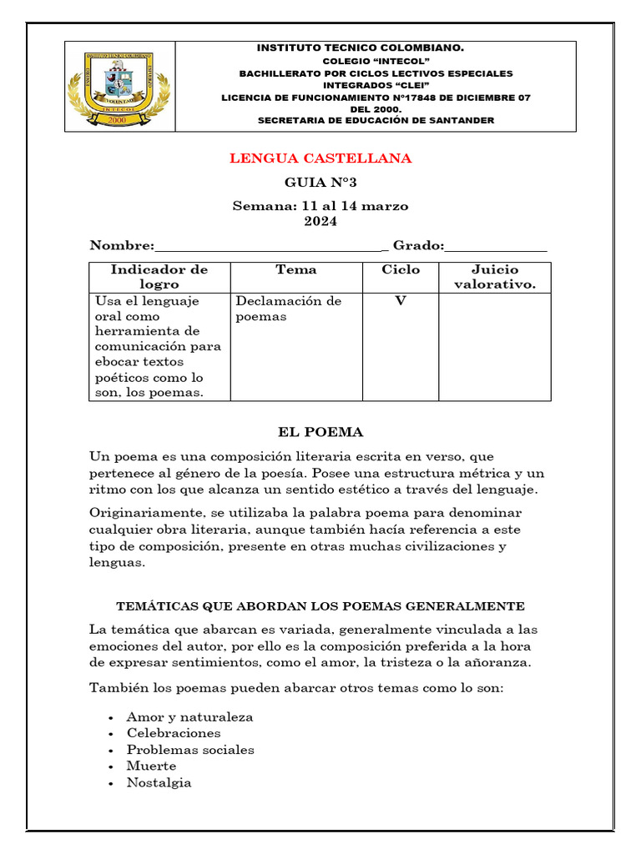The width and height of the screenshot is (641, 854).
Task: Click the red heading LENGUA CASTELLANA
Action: click(x=320, y=158)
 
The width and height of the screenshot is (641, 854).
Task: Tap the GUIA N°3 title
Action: click(x=320, y=183)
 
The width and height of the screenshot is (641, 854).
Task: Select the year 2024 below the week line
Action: click(x=320, y=221)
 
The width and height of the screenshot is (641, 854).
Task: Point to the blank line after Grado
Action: click(x=497, y=247)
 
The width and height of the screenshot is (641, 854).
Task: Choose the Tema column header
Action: click(x=296, y=269)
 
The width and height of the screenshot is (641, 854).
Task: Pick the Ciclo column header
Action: click(x=401, y=269)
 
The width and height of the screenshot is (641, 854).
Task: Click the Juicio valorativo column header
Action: click(x=495, y=277)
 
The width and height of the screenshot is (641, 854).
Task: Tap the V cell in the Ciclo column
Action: click(x=401, y=301)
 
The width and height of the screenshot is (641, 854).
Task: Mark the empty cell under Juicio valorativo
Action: click(x=495, y=346)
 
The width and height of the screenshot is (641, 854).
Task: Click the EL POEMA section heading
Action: click(x=320, y=432)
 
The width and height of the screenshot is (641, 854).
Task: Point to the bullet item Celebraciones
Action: click(x=174, y=733)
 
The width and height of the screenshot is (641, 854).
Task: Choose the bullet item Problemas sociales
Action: click(x=190, y=750)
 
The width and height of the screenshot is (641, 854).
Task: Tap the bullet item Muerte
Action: click(x=151, y=766)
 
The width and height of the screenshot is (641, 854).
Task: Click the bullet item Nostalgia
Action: click(x=159, y=782)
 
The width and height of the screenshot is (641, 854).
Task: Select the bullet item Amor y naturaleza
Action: click(x=189, y=717)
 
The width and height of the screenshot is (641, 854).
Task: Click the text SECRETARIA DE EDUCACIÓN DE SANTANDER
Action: click(x=376, y=120)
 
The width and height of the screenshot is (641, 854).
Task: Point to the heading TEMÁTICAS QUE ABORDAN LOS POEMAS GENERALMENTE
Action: click(x=320, y=605)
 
